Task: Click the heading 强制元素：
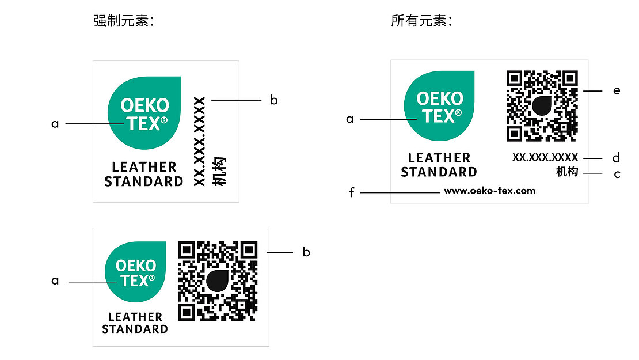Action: pyautogui.click(x=124, y=22)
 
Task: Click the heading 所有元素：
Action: pyautogui.click(x=421, y=22)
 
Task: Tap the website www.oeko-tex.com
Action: pyautogui.click(x=489, y=191)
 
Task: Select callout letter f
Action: pyautogui.click(x=351, y=192)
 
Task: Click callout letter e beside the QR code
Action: pyautogui.click(x=617, y=90)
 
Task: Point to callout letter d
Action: pyautogui.click(x=617, y=157)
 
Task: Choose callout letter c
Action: pyautogui.click(x=617, y=173)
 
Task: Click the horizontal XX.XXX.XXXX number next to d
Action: pyautogui.click(x=545, y=157)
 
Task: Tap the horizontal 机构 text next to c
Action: pyautogui.click(x=566, y=172)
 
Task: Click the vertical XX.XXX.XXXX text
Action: pyautogui.click(x=199, y=141)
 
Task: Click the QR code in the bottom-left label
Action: pyautogui.click(x=217, y=281)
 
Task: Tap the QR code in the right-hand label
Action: pyautogui.click(x=542, y=105)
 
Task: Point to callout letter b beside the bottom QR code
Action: pyautogui.click(x=306, y=252)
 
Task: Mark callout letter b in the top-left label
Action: pyautogui.click(x=274, y=100)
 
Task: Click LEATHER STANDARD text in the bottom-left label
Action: pyautogui.click(x=135, y=323)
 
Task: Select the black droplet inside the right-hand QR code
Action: pyautogui.click(x=542, y=105)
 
